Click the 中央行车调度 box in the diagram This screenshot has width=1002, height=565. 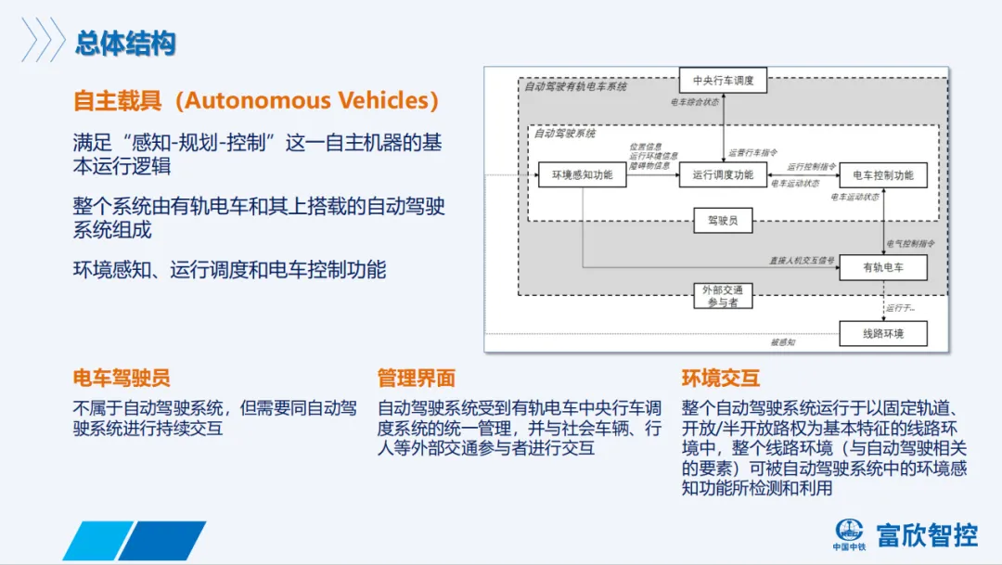tap(723, 81)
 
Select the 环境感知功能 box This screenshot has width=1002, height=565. tap(582, 174)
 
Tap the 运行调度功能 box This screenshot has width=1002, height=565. tap(723, 174)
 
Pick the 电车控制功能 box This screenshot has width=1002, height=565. tap(882, 174)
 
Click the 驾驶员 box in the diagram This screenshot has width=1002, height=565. tap(723, 220)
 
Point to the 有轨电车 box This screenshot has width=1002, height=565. tap(882, 268)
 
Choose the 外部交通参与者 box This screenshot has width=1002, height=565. tap(723, 296)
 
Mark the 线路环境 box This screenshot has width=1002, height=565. tap(882, 333)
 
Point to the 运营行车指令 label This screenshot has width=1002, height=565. tap(752, 152)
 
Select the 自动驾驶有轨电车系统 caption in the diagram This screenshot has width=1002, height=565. tap(575, 86)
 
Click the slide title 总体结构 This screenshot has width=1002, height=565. tap(125, 43)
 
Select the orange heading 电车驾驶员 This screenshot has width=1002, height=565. tap(122, 378)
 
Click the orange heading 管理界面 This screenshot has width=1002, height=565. tap(416, 378)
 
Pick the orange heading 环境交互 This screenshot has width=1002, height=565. tap(720, 378)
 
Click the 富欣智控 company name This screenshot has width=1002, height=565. tap(927, 535)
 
